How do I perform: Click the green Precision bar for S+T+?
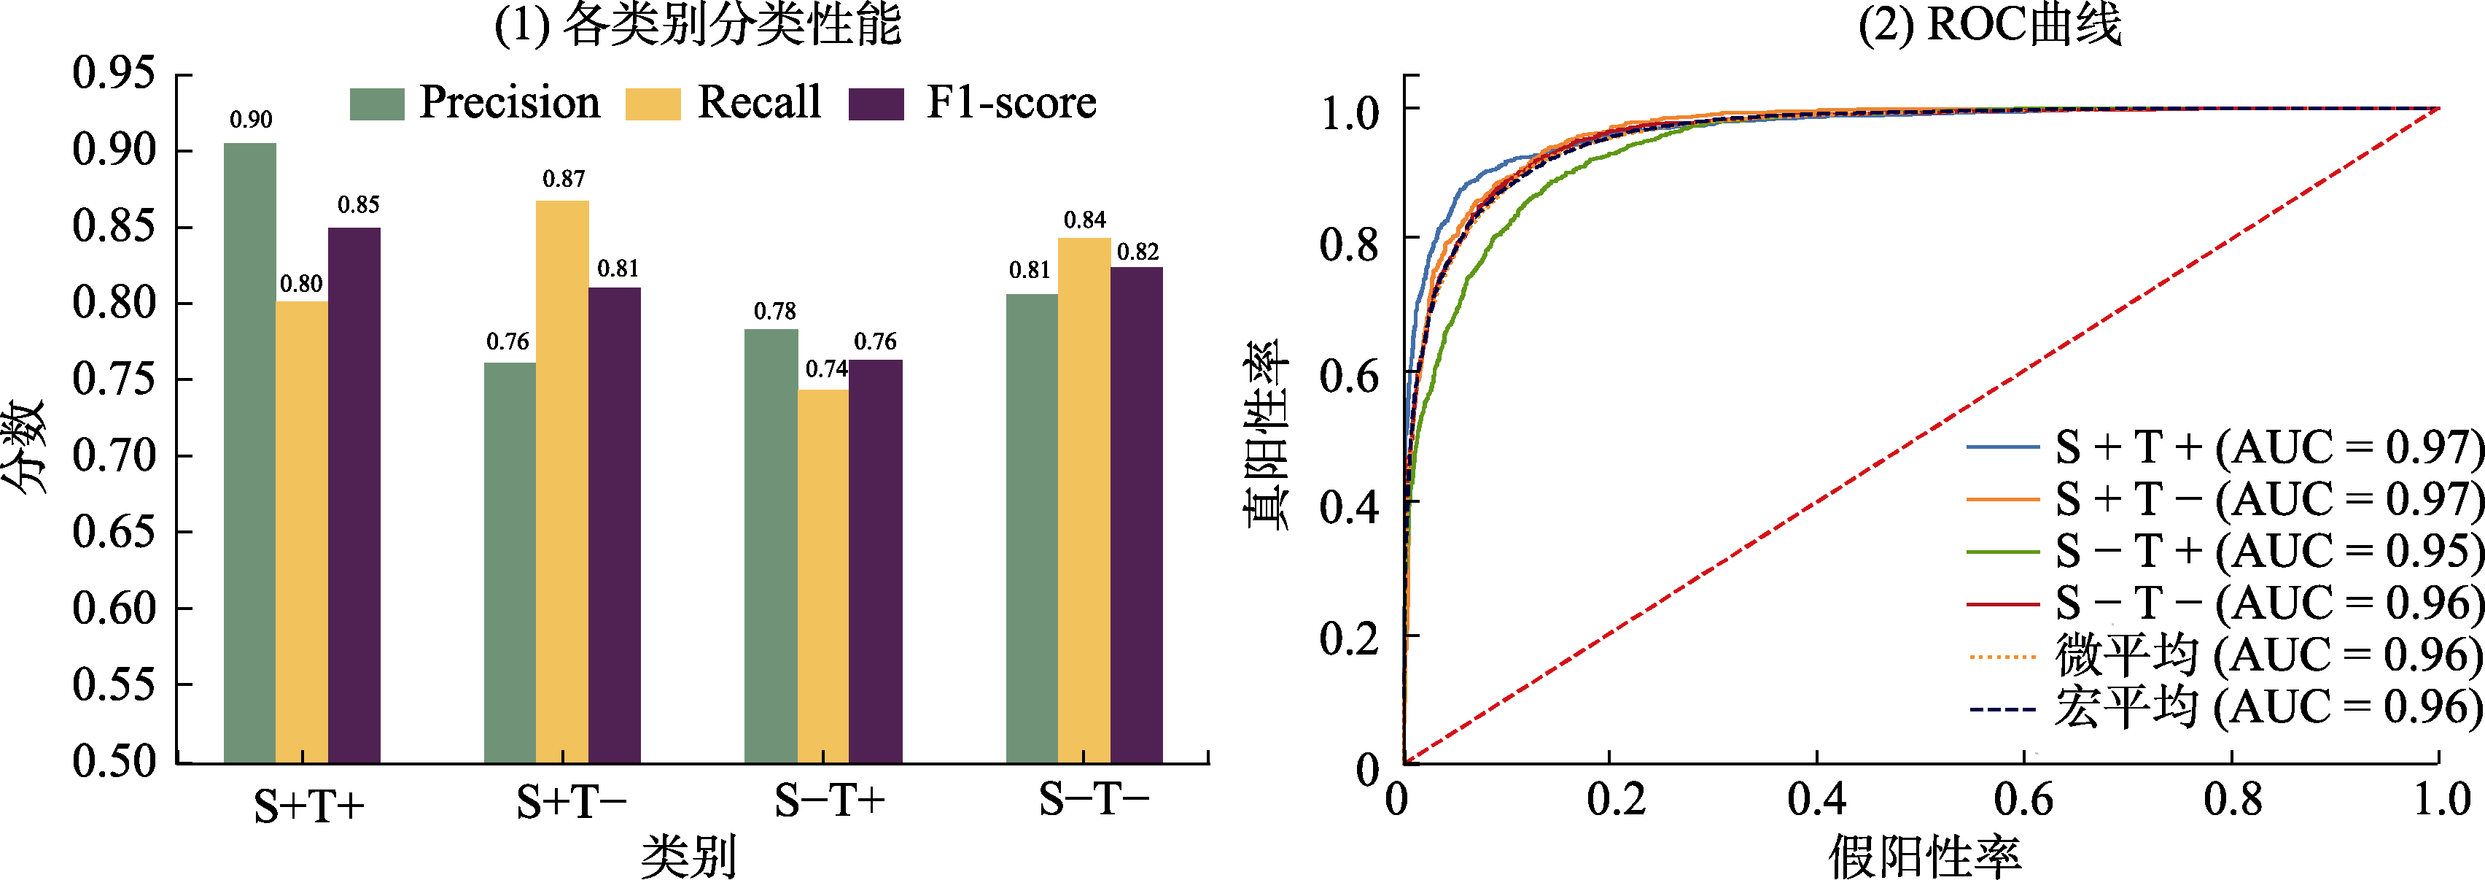pyautogui.click(x=250, y=454)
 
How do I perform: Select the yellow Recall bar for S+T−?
pyautogui.click(x=562, y=482)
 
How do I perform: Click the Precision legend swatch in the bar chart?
pyautogui.click(x=376, y=103)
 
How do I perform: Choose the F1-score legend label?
pyautogui.click(x=1011, y=102)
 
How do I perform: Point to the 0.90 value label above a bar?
pyautogui.click(x=251, y=120)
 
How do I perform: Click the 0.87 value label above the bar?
pyautogui.click(x=564, y=179)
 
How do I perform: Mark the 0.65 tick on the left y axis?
pyautogui.click(x=114, y=532)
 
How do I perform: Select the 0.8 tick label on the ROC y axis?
pyautogui.click(x=1350, y=245)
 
